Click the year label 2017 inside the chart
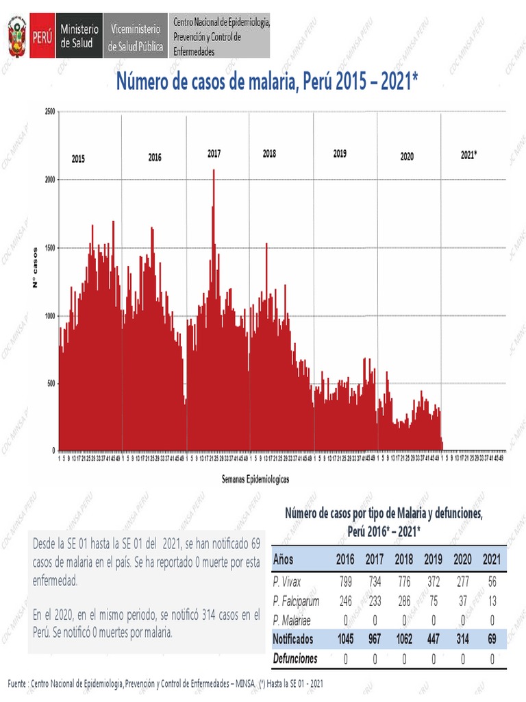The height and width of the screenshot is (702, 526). point(214,154)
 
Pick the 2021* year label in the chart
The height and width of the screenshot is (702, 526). point(468,155)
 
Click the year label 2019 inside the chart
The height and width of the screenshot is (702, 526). point(340,154)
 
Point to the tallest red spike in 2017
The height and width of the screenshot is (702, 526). point(214,171)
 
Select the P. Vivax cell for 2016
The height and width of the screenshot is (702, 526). point(345,582)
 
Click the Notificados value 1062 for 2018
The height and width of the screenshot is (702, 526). point(404,639)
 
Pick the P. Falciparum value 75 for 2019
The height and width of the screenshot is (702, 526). point(433,601)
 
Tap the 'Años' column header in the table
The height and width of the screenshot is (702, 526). point(284,560)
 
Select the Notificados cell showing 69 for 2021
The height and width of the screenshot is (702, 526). point(491,639)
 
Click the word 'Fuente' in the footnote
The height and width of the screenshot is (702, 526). point(18,684)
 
